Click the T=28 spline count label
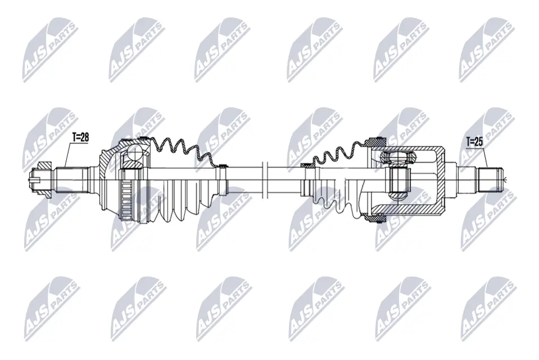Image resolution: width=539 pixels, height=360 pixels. tap(80, 137)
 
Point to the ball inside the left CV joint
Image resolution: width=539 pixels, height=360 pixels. tap(133, 154)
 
